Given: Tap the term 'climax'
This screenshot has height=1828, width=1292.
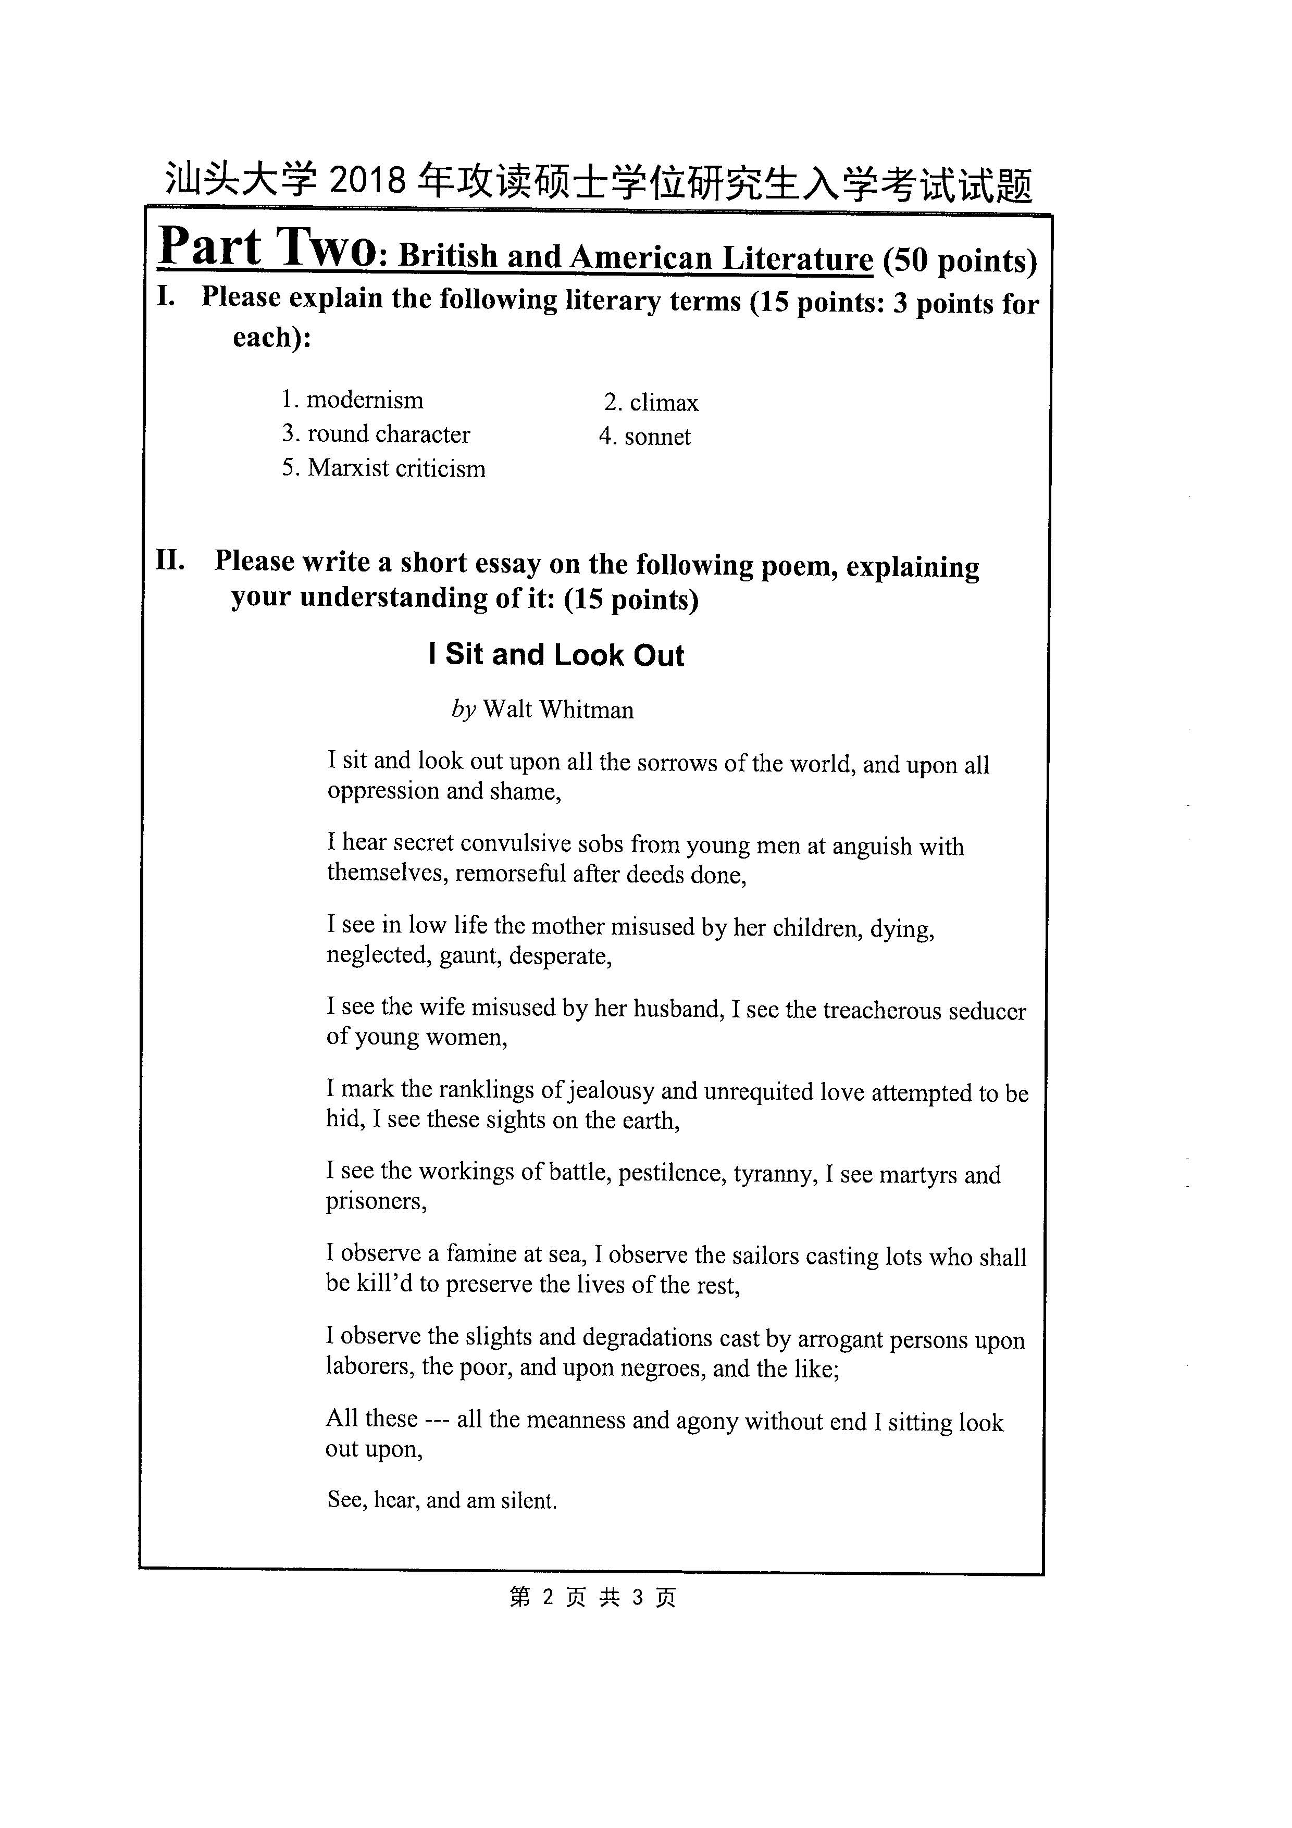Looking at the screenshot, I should coord(663,403).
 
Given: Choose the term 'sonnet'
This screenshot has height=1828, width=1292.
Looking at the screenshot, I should coord(657,437).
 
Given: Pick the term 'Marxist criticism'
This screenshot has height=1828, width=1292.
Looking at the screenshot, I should coord(395,468).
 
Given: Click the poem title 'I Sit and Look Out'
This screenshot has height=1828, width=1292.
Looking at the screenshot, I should coord(556,654).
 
